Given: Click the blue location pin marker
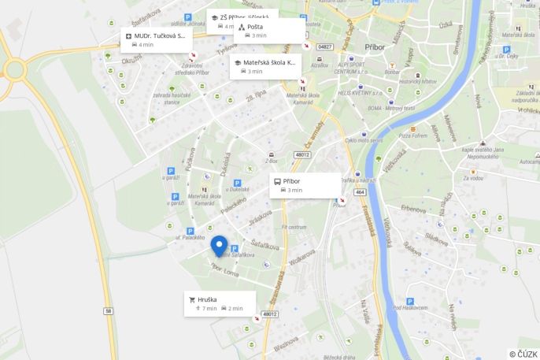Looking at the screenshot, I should [219, 245].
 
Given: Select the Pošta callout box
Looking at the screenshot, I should [269, 31].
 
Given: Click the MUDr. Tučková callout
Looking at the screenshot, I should [157, 39].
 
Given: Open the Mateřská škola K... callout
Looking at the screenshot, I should [265, 66].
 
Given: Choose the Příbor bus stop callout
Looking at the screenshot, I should [305, 185].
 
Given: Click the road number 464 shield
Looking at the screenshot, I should [360, 191].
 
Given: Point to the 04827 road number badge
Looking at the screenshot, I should [324, 46].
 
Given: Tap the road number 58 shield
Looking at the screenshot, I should [107, 310].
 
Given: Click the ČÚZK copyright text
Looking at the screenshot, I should [523, 354].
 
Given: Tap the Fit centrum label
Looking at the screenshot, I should [294, 227].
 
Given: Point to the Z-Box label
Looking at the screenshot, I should [272, 160].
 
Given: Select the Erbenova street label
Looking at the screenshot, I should [413, 209].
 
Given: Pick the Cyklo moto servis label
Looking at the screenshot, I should [364, 141].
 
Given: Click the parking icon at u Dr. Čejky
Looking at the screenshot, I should [506, 49].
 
